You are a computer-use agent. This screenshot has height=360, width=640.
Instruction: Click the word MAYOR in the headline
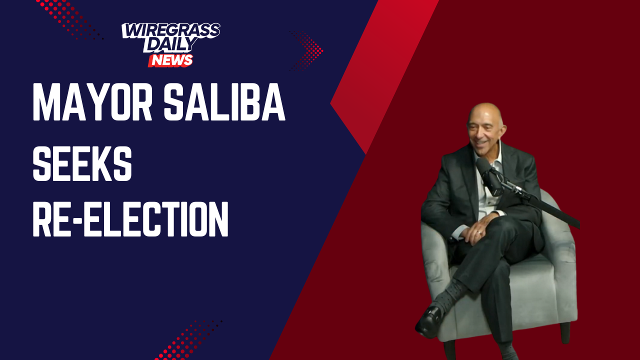click(x=92, y=102)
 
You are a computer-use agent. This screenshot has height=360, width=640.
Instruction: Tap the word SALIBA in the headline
click(x=224, y=102)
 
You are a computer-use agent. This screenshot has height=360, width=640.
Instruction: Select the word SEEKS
click(x=82, y=163)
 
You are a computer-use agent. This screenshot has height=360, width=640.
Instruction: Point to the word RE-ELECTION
click(x=130, y=218)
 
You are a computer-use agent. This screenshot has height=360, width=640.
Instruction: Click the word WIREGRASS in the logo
click(x=171, y=30)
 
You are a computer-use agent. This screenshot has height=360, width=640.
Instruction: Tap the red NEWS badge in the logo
click(x=170, y=60)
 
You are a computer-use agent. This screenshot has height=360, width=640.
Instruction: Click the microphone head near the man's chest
click(x=489, y=176)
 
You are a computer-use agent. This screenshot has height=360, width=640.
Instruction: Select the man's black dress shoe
click(x=429, y=321)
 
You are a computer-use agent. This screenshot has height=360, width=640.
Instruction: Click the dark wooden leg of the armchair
click(x=565, y=332)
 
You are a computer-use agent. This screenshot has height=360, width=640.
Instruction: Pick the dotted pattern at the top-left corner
click(x=69, y=19)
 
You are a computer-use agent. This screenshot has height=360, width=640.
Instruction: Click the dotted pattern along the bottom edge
click(x=188, y=340)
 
